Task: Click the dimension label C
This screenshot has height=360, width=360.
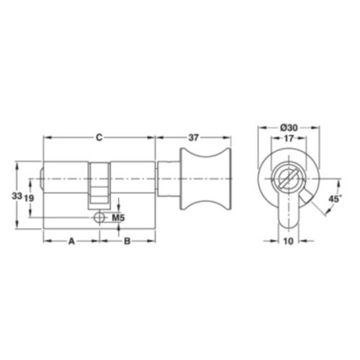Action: (99, 138)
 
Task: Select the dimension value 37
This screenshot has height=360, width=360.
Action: (194, 138)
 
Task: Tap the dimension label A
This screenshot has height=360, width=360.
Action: (71, 241)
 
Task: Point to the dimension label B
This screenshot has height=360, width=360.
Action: (127, 241)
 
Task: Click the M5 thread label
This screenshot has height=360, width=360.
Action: (118, 218)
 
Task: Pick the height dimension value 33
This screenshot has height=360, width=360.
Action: (17, 196)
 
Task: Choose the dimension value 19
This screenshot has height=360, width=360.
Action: (29, 198)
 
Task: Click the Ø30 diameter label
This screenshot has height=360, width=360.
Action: (289, 127)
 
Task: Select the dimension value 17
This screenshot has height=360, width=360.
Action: (289, 138)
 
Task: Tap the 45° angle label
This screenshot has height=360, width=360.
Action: (335, 199)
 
